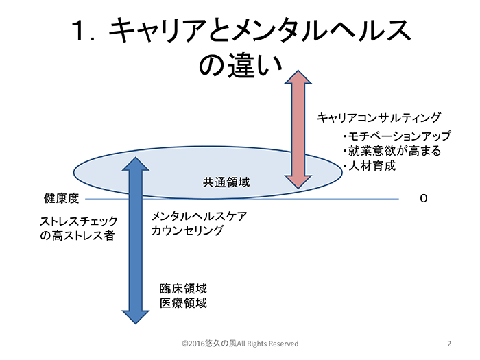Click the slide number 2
tap(449, 344)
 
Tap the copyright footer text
tap(240, 344)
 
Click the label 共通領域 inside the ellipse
tap(226, 182)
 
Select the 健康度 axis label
tap(62, 198)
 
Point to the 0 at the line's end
tap(423, 198)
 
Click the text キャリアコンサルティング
tap(379, 117)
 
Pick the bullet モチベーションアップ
tap(397, 136)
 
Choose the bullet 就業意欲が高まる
tap(392, 151)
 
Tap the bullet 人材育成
tap(370, 166)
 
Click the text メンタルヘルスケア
tap(200, 216)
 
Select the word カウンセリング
tap(187, 230)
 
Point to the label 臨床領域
tap(183, 289)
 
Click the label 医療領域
tap(183, 303)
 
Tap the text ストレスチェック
tap(79, 221)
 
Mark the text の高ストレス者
tap(77, 235)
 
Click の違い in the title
tap(240, 64)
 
